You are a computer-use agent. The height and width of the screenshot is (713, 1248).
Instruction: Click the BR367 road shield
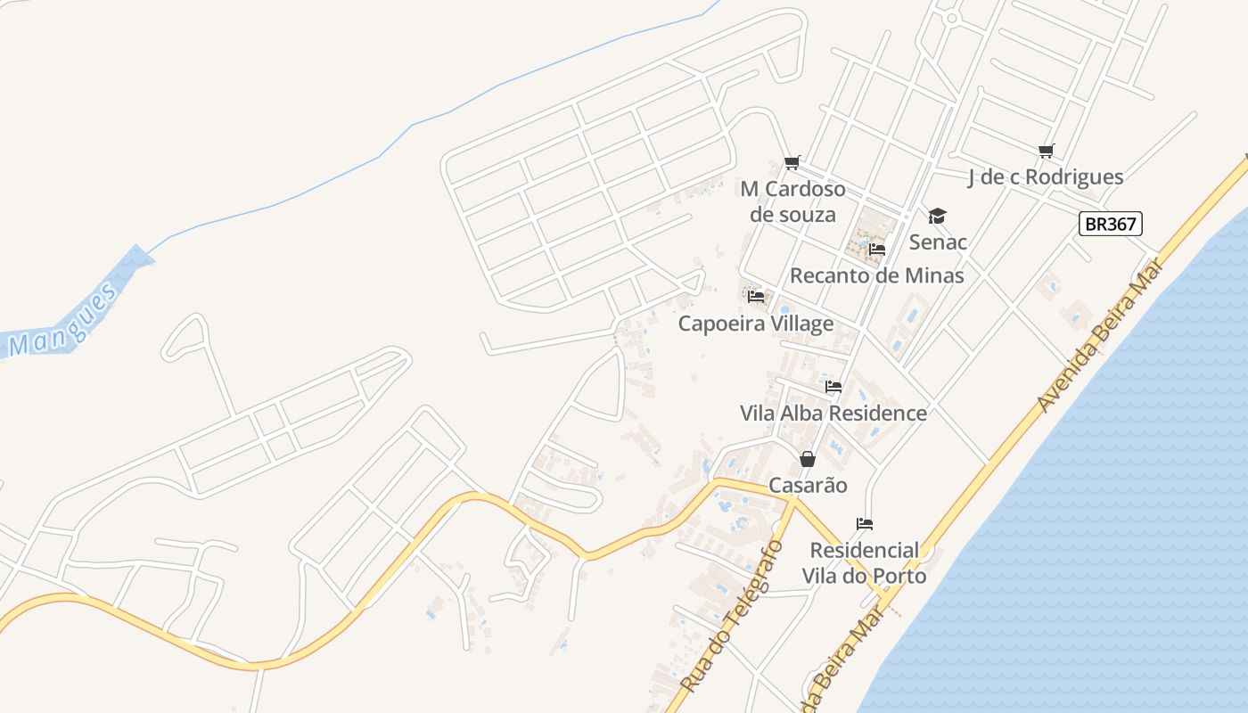(1110, 224)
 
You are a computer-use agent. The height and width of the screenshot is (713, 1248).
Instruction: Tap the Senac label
(938, 242)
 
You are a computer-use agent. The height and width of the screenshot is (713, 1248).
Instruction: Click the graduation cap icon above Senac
(937, 216)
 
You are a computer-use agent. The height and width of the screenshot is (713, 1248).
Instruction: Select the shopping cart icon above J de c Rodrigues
(1046, 152)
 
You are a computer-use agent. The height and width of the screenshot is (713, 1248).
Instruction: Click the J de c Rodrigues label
(1046, 177)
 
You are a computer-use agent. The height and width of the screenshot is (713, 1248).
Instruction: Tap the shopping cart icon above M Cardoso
(792, 162)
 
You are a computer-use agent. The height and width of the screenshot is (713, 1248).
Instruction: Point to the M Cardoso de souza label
(792, 201)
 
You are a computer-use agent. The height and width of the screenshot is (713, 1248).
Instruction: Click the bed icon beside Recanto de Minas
(877, 250)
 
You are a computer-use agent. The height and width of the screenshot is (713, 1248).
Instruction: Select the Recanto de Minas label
(877, 275)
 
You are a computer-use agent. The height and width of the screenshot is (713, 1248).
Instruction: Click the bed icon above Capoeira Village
(756, 297)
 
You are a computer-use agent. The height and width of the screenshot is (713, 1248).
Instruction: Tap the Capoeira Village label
(756, 324)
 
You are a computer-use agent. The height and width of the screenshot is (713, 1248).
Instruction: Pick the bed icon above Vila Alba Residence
(833, 387)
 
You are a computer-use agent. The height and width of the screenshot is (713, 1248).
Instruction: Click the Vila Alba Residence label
(833, 414)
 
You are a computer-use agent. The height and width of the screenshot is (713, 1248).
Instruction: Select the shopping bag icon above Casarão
(808, 459)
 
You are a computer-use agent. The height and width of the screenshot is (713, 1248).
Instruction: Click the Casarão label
(808, 486)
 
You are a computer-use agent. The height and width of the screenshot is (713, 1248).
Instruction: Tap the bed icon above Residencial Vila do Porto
(864, 523)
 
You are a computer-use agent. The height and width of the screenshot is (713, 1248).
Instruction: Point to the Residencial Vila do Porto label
(864, 562)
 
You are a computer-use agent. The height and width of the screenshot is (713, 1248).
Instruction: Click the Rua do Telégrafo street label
(732, 616)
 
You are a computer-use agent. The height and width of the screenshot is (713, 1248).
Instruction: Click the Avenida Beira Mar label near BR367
(1100, 335)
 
